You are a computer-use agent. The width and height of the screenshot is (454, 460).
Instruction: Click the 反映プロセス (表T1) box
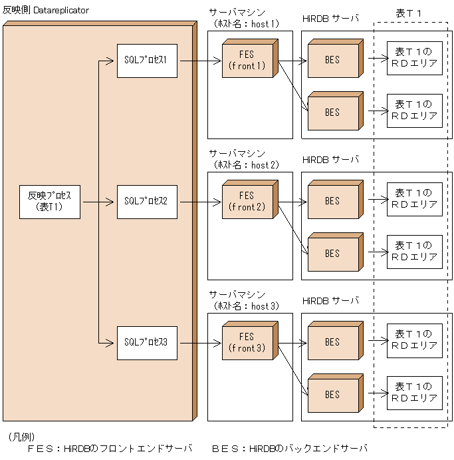pyautogui.click(x=50, y=202)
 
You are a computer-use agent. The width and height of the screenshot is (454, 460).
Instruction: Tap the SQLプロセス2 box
pyautogui.click(x=146, y=202)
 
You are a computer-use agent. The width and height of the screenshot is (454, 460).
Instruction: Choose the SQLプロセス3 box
pyautogui.click(x=146, y=343)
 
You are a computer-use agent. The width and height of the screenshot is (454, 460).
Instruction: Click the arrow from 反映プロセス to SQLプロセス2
pyautogui.click(x=98, y=202)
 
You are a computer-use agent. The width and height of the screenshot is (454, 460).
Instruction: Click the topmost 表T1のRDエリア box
pyautogui.click(x=414, y=57)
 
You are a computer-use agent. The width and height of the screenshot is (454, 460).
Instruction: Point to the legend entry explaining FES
pyautogui.click(x=110, y=449)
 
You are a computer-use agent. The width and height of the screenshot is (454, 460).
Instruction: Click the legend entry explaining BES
pyautogui.click(x=289, y=449)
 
